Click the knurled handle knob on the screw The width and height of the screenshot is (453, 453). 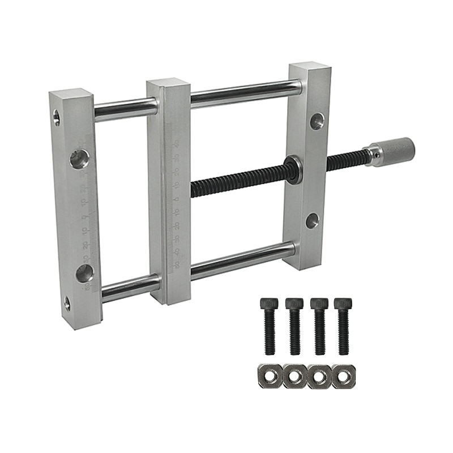[396, 151]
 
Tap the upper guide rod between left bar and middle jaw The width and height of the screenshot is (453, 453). [125, 108]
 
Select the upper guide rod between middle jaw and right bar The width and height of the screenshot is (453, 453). [245, 93]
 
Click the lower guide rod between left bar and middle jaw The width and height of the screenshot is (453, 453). [130, 287]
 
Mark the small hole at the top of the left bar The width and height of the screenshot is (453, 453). [57, 118]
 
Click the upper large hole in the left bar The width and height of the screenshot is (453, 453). [79, 158]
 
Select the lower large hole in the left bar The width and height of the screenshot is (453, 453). [85, 273]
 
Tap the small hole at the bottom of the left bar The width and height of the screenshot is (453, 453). [67, 304]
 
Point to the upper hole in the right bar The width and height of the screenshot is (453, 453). [317, 121]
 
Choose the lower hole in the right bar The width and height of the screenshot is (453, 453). [312, 220]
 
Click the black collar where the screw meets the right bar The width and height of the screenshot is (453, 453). [293, 168]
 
